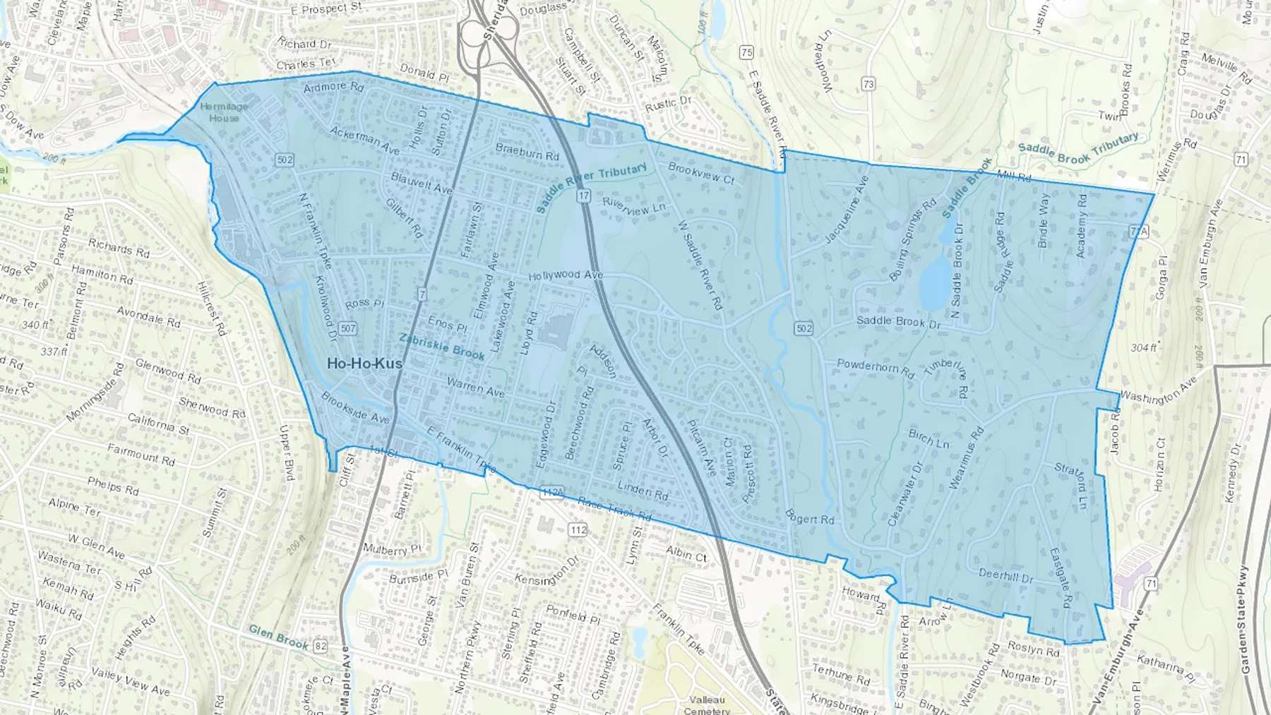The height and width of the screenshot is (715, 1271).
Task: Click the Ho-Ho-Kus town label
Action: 364,363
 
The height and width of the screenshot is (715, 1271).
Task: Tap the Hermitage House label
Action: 224,112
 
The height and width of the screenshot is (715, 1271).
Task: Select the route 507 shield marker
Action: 347,328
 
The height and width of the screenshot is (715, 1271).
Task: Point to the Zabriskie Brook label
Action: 442,347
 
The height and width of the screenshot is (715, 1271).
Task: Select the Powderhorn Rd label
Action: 875,367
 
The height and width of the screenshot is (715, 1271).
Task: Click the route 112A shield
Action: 552,492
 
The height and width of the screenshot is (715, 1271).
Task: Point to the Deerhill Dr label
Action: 1006,575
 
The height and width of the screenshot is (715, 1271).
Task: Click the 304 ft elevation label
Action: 1144,347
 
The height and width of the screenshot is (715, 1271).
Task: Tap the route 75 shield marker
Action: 746,52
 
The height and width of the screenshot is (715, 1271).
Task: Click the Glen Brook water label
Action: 279,637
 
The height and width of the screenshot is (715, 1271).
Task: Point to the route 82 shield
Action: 321,646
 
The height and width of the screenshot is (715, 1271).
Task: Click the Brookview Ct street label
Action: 701,173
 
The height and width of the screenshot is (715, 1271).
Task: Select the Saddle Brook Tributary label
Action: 1078,149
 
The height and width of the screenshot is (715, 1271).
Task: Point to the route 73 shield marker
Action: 868,84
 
